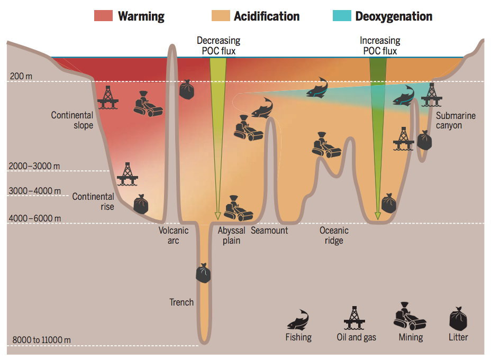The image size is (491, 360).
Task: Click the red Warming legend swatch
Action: [x=104, y=16]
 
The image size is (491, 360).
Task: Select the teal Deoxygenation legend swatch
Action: [x=342, y=16]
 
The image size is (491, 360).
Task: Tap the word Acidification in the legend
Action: [x=267, y=16]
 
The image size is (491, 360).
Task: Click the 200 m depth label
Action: [x=21, y=76]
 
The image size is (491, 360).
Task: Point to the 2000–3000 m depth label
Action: [x=34, y=166]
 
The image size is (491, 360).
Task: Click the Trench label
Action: [x=181, y=302]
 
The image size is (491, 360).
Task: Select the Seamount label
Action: [x=269, y=230]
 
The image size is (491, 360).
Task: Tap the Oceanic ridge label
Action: [x=334, y=235]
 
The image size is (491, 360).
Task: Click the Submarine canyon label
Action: [x=456, y=121]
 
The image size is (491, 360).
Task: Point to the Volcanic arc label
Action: [x=174, y=235]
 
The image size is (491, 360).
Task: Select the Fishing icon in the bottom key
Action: [x=298, y=319]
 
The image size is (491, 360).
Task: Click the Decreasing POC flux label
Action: [x=219, y=46]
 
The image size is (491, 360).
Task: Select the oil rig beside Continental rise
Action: [x=126, y=174]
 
